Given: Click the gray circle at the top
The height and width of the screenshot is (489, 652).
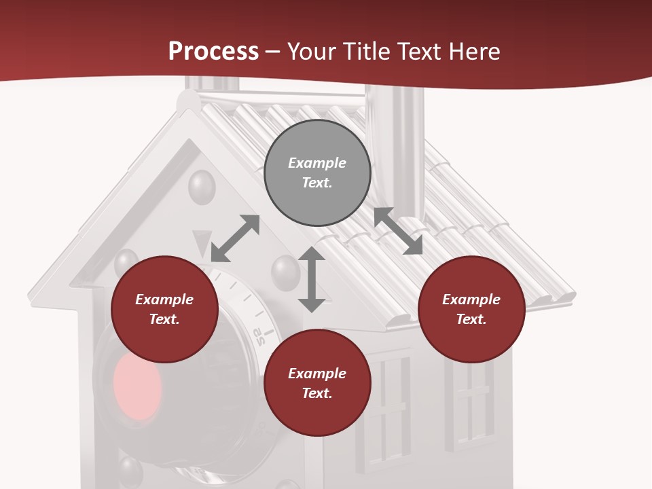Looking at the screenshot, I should coord(317,173).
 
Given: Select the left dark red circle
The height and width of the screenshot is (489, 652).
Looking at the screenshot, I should coord(164,309).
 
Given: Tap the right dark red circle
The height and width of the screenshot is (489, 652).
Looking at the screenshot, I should coord(471,309).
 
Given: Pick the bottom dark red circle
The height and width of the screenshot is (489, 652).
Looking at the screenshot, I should coord(317,383).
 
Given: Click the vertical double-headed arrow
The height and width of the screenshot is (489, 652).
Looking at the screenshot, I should coord(312,279).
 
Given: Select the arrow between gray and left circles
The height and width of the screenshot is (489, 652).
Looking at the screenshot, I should coord(235,238).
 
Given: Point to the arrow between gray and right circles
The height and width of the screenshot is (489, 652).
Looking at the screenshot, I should coord(399,231).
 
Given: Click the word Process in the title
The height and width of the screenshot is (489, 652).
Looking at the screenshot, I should coord(213,51).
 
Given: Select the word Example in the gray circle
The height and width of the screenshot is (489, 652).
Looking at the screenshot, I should coord(317,163).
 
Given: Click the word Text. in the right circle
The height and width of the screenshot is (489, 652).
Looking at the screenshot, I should coord(471,319).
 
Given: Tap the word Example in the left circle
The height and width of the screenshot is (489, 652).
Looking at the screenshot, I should coord(164,300).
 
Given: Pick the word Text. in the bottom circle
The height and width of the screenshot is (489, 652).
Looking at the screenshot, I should coord(317,393).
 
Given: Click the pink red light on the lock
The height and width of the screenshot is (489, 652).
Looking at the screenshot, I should coord(137,386).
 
